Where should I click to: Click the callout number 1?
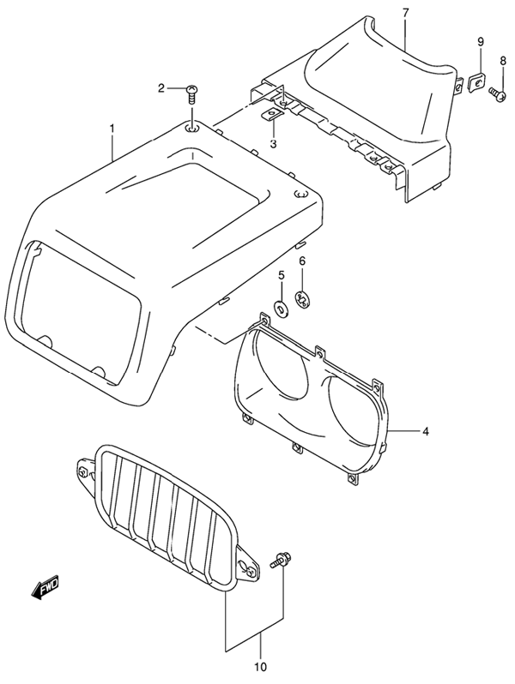pyautogui.click(x=112, y=129)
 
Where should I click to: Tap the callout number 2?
pyautogui.click(x=161, y=89)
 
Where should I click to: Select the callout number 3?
pyautogui.click(x=274, y=144)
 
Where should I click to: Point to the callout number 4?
pyautogui.click(x=425, y=432)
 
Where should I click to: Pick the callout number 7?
pyautogui.click(x=405, y=13)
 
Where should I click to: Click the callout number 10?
pyautogui.click(x=260, y=667)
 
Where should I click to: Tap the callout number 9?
pyautogui.click(x=481, y=42)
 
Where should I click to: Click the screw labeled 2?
pyautogui.click(x=191, y=93)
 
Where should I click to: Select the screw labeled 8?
pyautogui.click(x=497, y=93)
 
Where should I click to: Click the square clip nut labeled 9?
pyautogui.click(x=478, y=81)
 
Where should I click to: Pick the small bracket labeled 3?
pyautogui.click(x=271, y=115)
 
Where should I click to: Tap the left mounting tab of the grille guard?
pyautogui.click(x=86, y=472)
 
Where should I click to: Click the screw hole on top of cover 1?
pyautogui.click(x=192, y=128)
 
